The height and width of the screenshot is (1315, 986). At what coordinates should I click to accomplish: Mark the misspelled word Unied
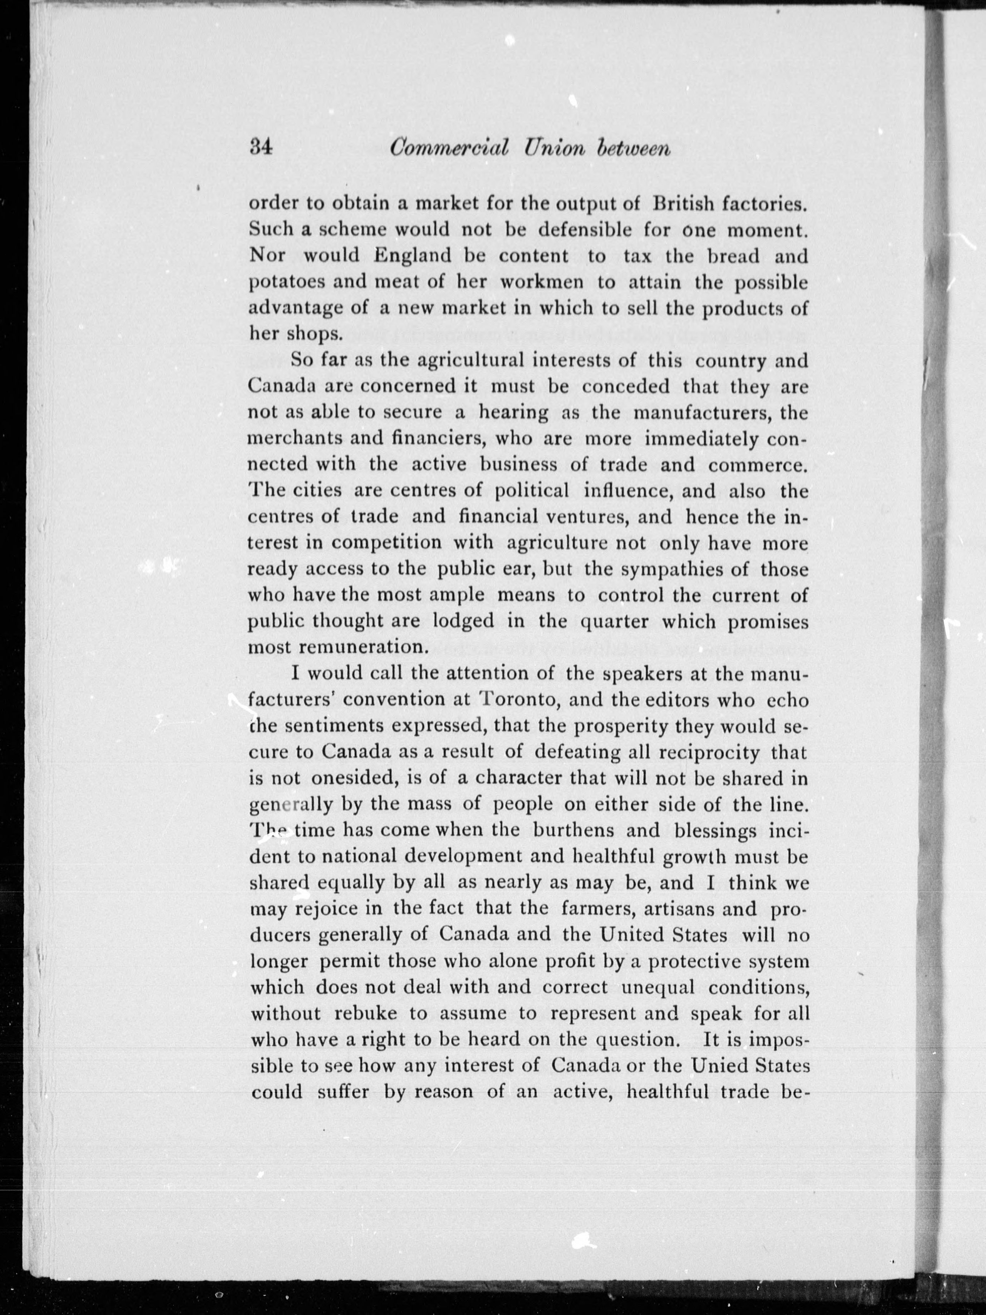click(717, 1065)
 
